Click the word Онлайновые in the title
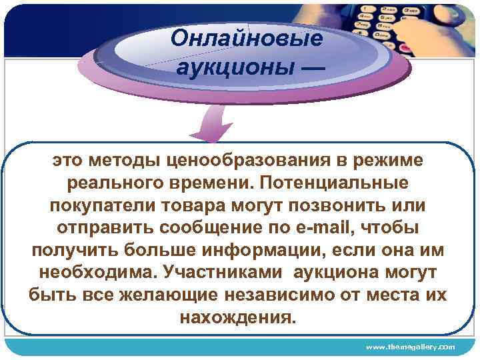tap(246, 38)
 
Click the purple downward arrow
tap(215, 126)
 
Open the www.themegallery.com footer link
tap(410, 347)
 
